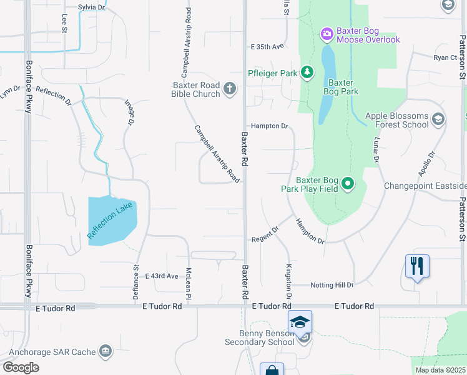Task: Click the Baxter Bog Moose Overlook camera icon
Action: [x=326, y=32]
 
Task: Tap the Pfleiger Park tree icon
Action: [x=307, y=73]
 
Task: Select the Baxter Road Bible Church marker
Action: [x=230, y=88]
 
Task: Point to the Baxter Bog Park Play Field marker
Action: [x=348, y=184]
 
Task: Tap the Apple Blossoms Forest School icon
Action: [x=438, y=119]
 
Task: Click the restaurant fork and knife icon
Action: [x=416, y=266]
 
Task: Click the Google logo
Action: [x=21, y=367]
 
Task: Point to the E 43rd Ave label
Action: [x=161, y=276]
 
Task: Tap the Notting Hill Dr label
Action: [x=333, y=285]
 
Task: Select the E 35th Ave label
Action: [x=267, y=46]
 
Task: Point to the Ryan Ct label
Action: [x=445, y=57]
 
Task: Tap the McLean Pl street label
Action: [x=188, y=282]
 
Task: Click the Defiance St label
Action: [x=135, y=282]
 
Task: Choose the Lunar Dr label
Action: [x=376, y=151]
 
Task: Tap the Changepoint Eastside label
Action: [x=425, y=186]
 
